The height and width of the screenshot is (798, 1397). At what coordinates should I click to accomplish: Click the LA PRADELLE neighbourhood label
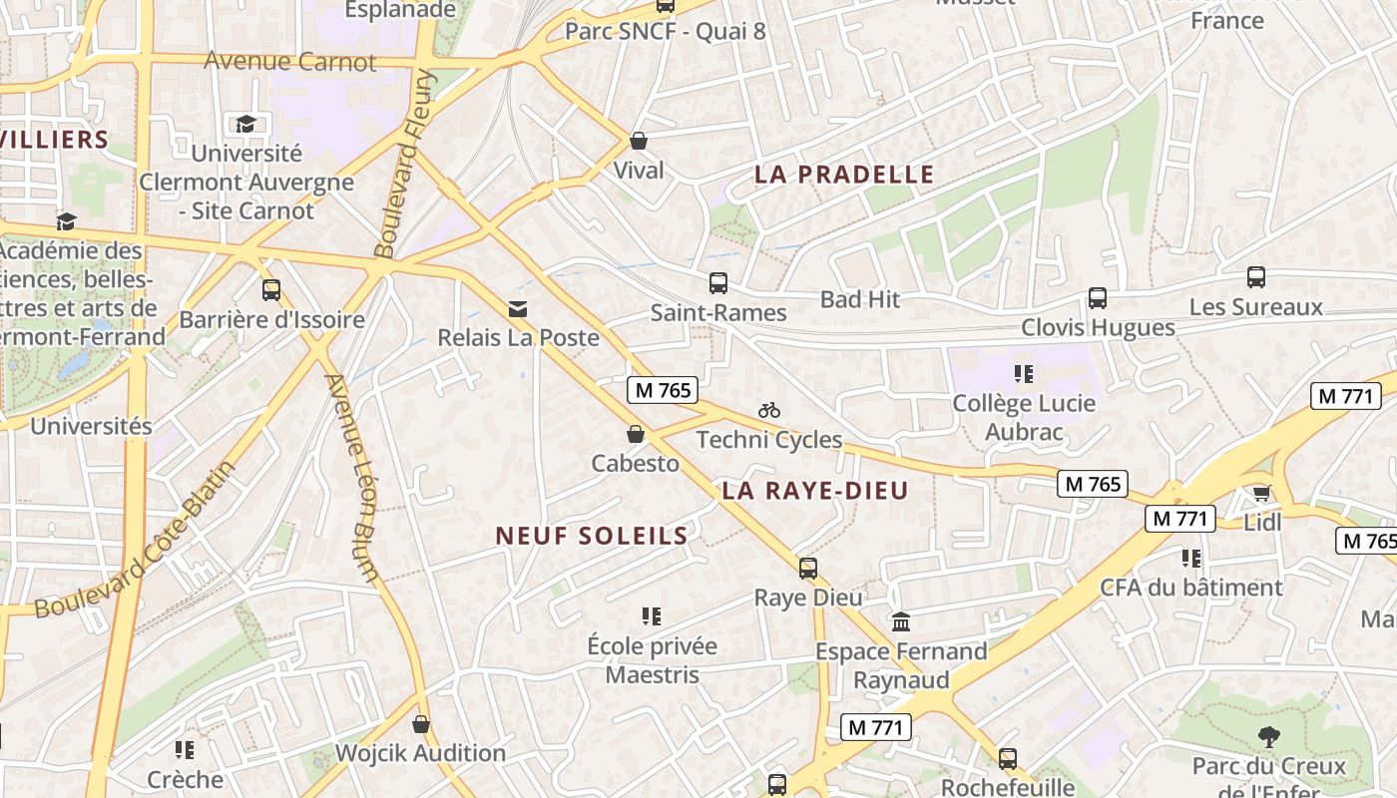844,175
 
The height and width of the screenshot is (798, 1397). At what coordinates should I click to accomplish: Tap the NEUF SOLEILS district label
592,536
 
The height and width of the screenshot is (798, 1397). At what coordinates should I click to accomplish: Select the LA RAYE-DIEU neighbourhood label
815,491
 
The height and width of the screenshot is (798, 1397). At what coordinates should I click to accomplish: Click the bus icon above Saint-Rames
718,283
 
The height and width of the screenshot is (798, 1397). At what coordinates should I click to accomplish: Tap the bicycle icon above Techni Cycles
768,410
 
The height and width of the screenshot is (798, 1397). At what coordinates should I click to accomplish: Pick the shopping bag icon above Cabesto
635,435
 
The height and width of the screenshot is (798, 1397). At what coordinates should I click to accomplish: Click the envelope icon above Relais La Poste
517,309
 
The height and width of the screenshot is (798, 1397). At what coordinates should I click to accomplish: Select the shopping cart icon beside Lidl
1261,494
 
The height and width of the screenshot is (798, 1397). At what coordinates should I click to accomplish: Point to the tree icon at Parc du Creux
1269,737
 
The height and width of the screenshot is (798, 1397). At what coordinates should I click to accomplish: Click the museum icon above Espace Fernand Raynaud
900,622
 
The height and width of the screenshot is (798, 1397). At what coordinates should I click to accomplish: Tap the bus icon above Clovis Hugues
1098,298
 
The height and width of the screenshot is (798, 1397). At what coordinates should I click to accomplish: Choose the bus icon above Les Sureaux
1255,277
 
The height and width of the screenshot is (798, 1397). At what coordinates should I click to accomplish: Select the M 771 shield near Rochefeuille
876,727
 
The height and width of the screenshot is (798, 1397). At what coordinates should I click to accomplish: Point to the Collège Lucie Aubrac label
1024,418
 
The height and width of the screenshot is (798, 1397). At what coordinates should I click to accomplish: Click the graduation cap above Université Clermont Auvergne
245,124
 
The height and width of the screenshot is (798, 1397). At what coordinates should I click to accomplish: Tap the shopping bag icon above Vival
639,141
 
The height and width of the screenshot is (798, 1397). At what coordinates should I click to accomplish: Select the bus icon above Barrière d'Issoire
271,290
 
